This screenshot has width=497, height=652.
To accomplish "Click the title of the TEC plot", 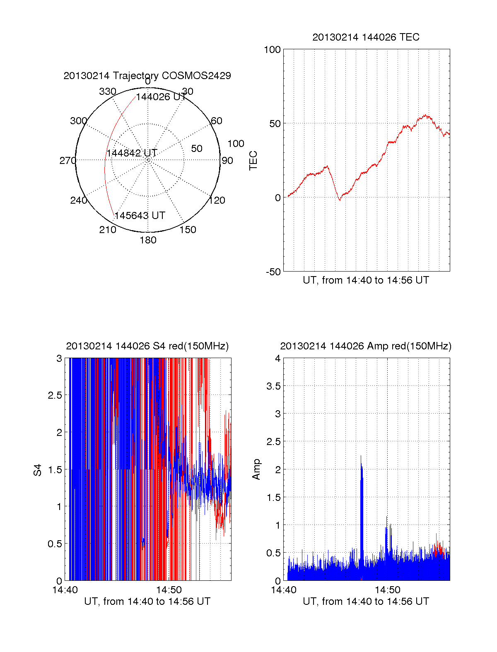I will tap(366, 37).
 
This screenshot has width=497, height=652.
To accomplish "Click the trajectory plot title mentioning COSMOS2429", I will tap(147, 76).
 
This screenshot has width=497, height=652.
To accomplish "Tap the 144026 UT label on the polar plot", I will tap(161, 97).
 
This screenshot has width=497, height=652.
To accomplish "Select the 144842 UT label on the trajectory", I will tap(132, 153).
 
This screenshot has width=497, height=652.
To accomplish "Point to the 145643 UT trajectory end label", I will tap(140, 216).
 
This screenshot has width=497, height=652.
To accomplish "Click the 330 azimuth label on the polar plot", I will tap(107, 91).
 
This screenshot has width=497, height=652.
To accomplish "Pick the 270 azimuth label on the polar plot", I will tap(68, 161).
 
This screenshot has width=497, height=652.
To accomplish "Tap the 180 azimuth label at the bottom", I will tap(148, 240).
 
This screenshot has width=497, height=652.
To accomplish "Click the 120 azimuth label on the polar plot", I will tap(217, 201).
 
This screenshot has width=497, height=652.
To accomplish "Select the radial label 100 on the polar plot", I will tap(236, 144).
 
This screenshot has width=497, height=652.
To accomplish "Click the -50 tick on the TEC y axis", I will tap(273, 272).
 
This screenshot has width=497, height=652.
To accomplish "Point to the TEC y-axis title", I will tap(253, 161).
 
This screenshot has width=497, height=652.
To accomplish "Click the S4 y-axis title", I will tap(38, 470).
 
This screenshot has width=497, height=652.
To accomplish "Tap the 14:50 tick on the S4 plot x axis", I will tap(169, 590).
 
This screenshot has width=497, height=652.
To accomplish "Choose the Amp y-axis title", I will tap(256, 469).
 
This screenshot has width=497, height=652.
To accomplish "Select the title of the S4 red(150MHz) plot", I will tap(147, 346).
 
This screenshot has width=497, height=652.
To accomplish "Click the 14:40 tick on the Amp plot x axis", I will tap(284, 590).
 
